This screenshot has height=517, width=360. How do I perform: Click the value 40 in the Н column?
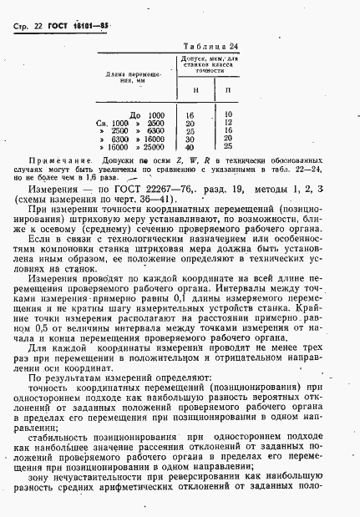(x=191, y=147)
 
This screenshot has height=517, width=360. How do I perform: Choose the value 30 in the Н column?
(x=191, y=139)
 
